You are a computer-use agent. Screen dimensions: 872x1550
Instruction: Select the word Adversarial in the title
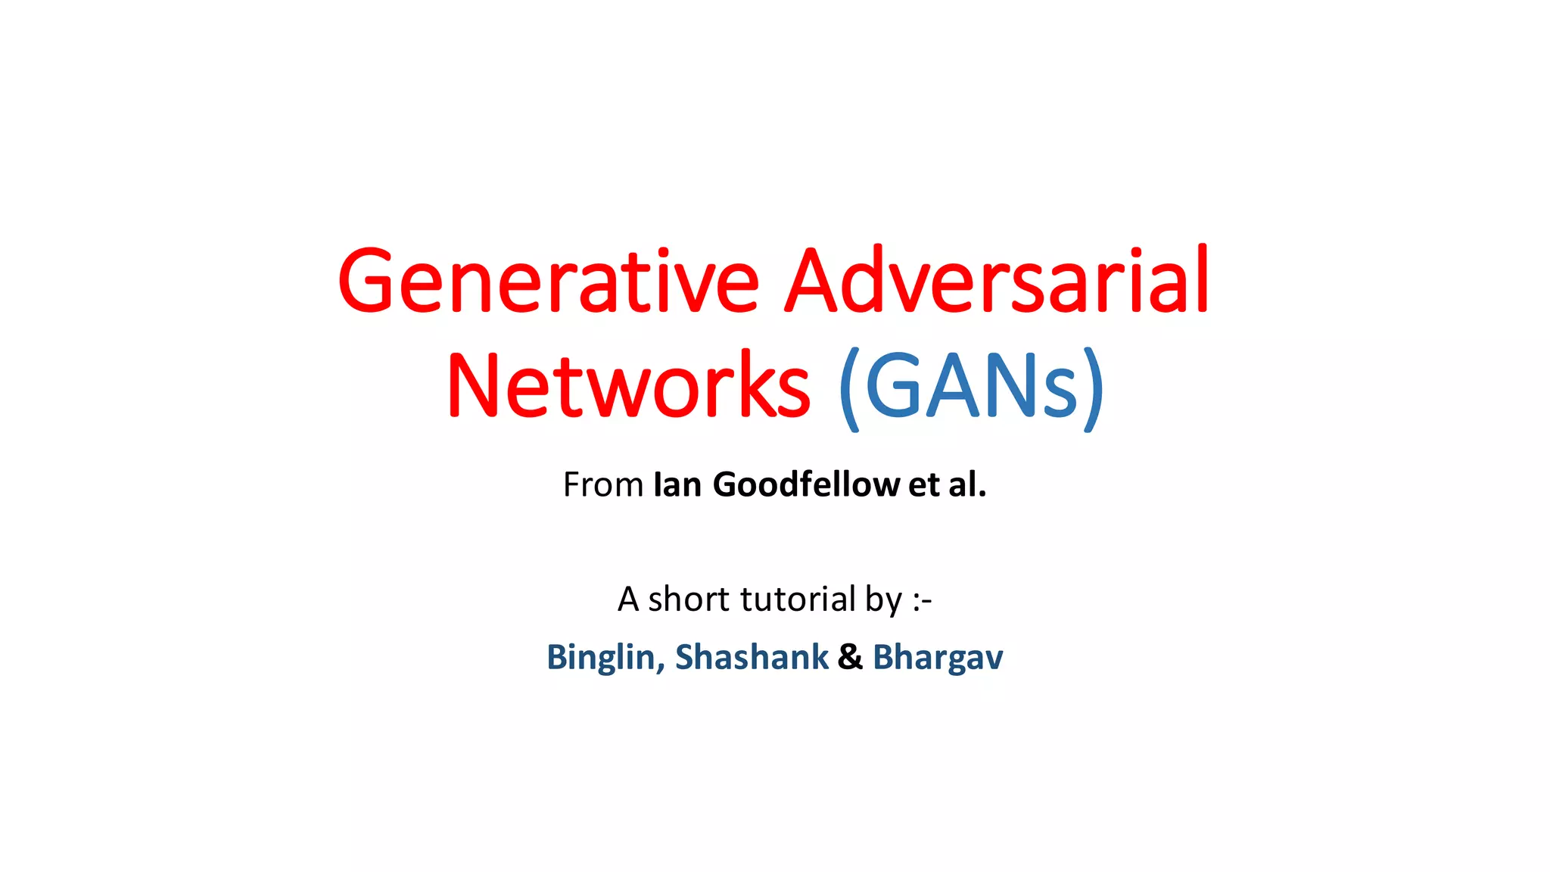coord(996,282)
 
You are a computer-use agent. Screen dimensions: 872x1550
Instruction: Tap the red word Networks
coord(629,386)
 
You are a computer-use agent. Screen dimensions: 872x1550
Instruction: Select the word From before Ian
coord(602,484)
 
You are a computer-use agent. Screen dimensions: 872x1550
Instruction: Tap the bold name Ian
coord(677,484)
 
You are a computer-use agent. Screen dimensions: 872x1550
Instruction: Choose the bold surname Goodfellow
coord(806,484)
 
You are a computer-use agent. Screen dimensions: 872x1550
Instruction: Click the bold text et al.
coord(947,484)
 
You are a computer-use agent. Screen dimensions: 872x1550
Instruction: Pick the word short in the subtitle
coord(689,599)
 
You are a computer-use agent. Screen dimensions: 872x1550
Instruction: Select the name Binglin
coord(605,657)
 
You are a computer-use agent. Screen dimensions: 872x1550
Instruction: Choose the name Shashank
coord(752,657)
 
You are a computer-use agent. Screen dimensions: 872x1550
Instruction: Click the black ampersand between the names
coord(850,657)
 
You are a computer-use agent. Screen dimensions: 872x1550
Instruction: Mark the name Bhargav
coord(938,657)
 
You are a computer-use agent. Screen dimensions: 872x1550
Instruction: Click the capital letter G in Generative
coord(366,282)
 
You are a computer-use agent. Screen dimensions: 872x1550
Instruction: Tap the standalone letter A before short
coord(628,599)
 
